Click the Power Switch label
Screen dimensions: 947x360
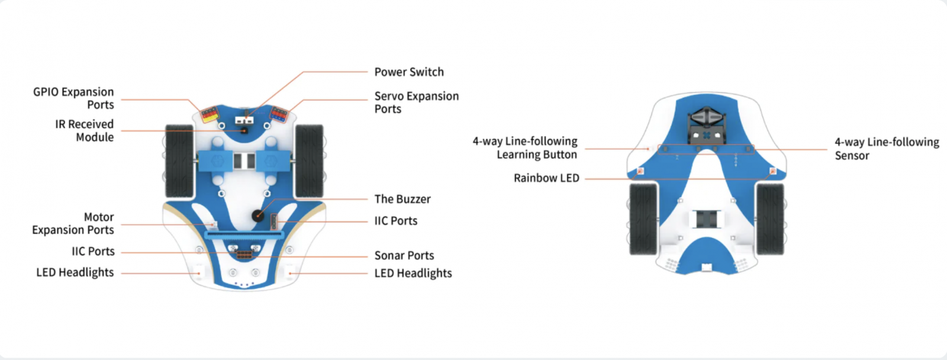409,72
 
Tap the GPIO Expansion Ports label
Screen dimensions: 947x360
73,98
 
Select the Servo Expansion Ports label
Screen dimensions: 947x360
417,102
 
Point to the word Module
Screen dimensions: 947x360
95,137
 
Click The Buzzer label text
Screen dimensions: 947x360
402,200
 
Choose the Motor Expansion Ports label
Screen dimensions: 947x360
73,223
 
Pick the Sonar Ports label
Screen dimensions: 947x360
404,256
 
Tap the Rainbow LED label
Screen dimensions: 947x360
546,178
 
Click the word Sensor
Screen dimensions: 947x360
852,156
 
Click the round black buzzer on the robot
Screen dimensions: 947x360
257,216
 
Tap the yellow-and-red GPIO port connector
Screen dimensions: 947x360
210,115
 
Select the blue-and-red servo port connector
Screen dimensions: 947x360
279,114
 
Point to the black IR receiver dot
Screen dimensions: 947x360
244,131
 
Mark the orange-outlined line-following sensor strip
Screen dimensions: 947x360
706,149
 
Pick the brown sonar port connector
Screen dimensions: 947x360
244,255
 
